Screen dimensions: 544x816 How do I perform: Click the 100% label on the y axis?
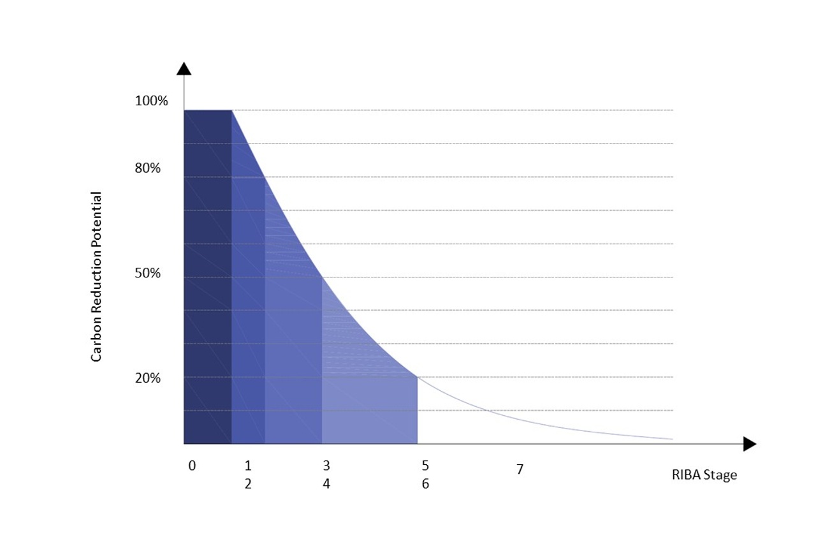[x=152, y=101]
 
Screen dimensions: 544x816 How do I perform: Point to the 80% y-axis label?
[x=148, y=168]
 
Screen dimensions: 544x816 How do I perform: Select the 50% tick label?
[x=148, y=273]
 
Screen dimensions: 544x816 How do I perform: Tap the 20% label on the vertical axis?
[x=148, y=378]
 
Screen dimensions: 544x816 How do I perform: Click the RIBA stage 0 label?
[x=192, y=466]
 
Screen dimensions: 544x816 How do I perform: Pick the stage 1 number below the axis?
[x=248, y=466]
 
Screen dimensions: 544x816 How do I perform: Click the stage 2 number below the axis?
[x=248, y=484]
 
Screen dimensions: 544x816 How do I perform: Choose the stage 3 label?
[x=326, y=466]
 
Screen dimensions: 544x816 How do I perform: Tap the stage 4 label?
[x=326, y=484]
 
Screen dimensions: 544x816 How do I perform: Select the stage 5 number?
[x=425, y=466]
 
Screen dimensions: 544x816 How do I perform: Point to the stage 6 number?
[x=425, y=484]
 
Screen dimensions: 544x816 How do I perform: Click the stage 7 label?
[x=520, y=470]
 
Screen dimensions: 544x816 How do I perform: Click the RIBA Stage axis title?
[x=704, y=475]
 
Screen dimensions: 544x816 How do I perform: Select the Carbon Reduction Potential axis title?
[x=96, y=277]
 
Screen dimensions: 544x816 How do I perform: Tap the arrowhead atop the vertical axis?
[x=184, y=69]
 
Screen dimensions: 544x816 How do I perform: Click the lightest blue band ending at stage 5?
[x=370, y=408]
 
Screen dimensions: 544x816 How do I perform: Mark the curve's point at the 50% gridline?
[x=322, y=277]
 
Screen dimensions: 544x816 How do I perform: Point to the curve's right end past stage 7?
[x=672, y=439]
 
